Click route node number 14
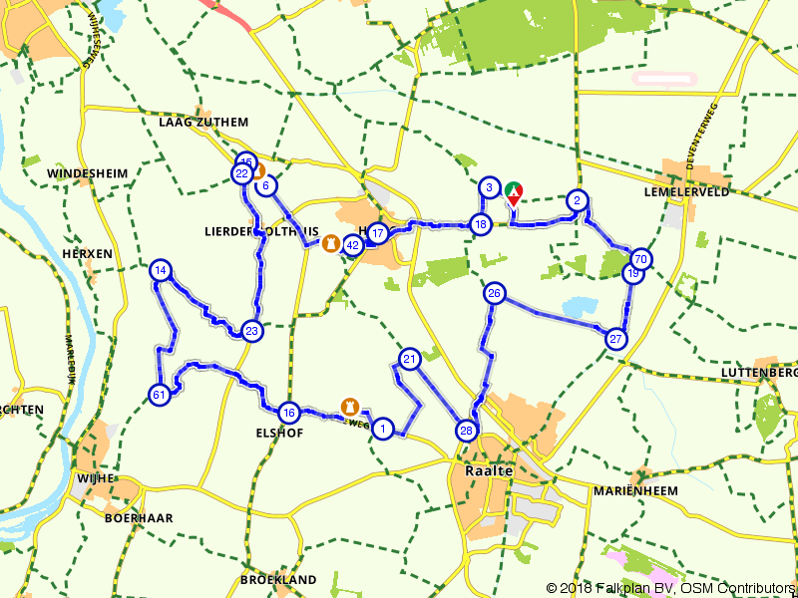(x=161, y=270)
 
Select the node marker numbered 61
(x=159, y=395)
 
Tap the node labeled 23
(x=251, y=332)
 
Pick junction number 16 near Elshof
(x=288, y=413)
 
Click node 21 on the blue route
(x=410, y=359)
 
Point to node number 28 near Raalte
(x=466, y=431)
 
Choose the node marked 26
(x=495, y=293)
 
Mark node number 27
(x=616, y=339)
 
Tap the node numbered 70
(x=641, y=259)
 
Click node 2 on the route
(x=577, y=200)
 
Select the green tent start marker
(x=513, y=189)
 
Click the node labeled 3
(x=489, y=187)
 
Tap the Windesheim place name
(x=88, y=173)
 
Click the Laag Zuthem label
(x=202, y=123)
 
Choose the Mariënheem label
(x=634, y=490)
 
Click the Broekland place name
(x=278, y=579)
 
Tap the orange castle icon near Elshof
(x=350, y=406)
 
